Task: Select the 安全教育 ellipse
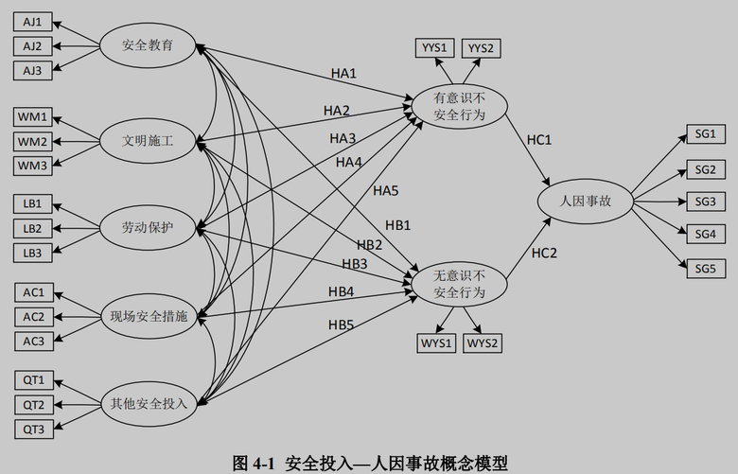coord(147,45)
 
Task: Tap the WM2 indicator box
coord(33,142)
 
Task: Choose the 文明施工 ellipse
coord(147,142)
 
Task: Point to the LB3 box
coord(33,253)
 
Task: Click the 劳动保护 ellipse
coord(147,228)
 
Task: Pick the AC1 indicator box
coord(33,292)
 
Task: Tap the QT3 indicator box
coord(33,429)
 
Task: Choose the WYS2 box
coord(483,342)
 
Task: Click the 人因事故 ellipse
coord(586,201)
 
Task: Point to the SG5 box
coord(704,267)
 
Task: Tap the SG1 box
coord(704,137)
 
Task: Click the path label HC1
coord(539,140)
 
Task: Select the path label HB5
coord(342,325)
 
